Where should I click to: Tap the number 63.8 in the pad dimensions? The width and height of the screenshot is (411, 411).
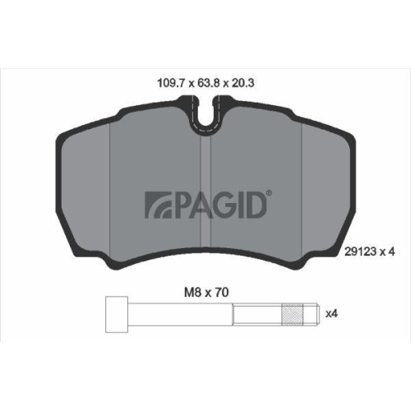(x=209, y=83)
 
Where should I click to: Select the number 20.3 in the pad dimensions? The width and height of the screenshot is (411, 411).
(x=243, y=83)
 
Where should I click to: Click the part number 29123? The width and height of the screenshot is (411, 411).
(x=360, y=252)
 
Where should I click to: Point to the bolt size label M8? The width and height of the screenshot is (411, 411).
(x=193, y=293)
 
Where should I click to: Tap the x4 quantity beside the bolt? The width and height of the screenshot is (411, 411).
(x=331, y=313)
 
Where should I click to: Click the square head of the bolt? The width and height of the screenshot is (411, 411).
(x=117, y=315)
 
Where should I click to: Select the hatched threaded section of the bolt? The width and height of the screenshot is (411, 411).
(x=293, y=315)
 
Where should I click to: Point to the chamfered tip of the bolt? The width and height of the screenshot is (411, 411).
(x=318, y=315)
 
